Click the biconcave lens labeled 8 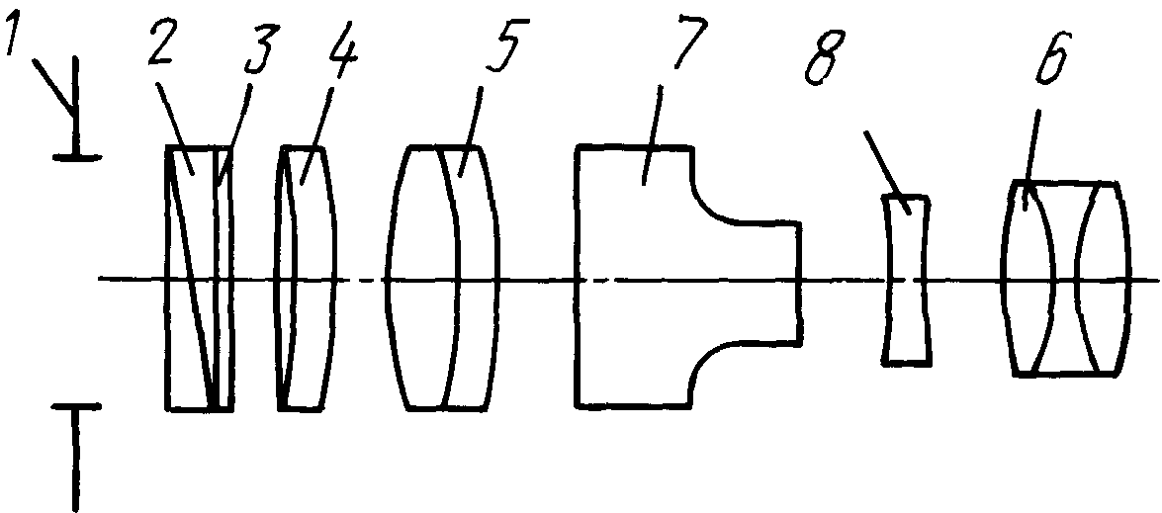coord(906,279)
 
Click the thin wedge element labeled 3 coord(223,278)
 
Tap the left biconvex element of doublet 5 coord(422,278)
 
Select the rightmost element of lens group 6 coord(1106,279)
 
